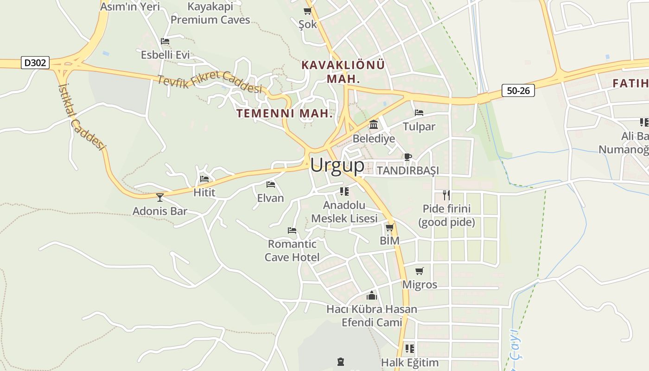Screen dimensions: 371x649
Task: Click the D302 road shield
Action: [35, 63]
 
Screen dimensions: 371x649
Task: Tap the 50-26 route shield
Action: [518, 90]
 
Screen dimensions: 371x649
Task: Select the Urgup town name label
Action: [337, 165]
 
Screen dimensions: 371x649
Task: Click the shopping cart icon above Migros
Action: [420, 271]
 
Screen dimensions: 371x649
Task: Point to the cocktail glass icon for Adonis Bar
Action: [160, 198]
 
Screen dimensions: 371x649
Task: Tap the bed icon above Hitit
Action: [204, 179]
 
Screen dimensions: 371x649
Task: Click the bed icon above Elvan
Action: [271, 185]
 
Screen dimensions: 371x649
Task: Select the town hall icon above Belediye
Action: [374, 125]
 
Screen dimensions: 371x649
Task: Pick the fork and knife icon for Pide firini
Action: [446, 195]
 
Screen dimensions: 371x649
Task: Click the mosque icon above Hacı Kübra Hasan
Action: [372, 295]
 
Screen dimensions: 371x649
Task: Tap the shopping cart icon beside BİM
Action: [389, 228]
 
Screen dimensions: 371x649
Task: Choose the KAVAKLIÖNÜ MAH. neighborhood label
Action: [343, 71]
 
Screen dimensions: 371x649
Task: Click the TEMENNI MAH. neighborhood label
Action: [285, 113]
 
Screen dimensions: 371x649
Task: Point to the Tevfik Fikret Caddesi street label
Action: [210, 83]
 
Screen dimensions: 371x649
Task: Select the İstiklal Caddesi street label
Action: [82, 116]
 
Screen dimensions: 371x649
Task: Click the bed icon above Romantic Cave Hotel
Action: [292, 230]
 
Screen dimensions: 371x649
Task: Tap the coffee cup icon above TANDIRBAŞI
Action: [407, 157]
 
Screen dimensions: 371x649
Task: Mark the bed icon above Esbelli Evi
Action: [165, 41]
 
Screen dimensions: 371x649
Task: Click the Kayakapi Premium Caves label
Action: [210, 13]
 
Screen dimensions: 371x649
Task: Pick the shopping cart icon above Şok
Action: [307, 11]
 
